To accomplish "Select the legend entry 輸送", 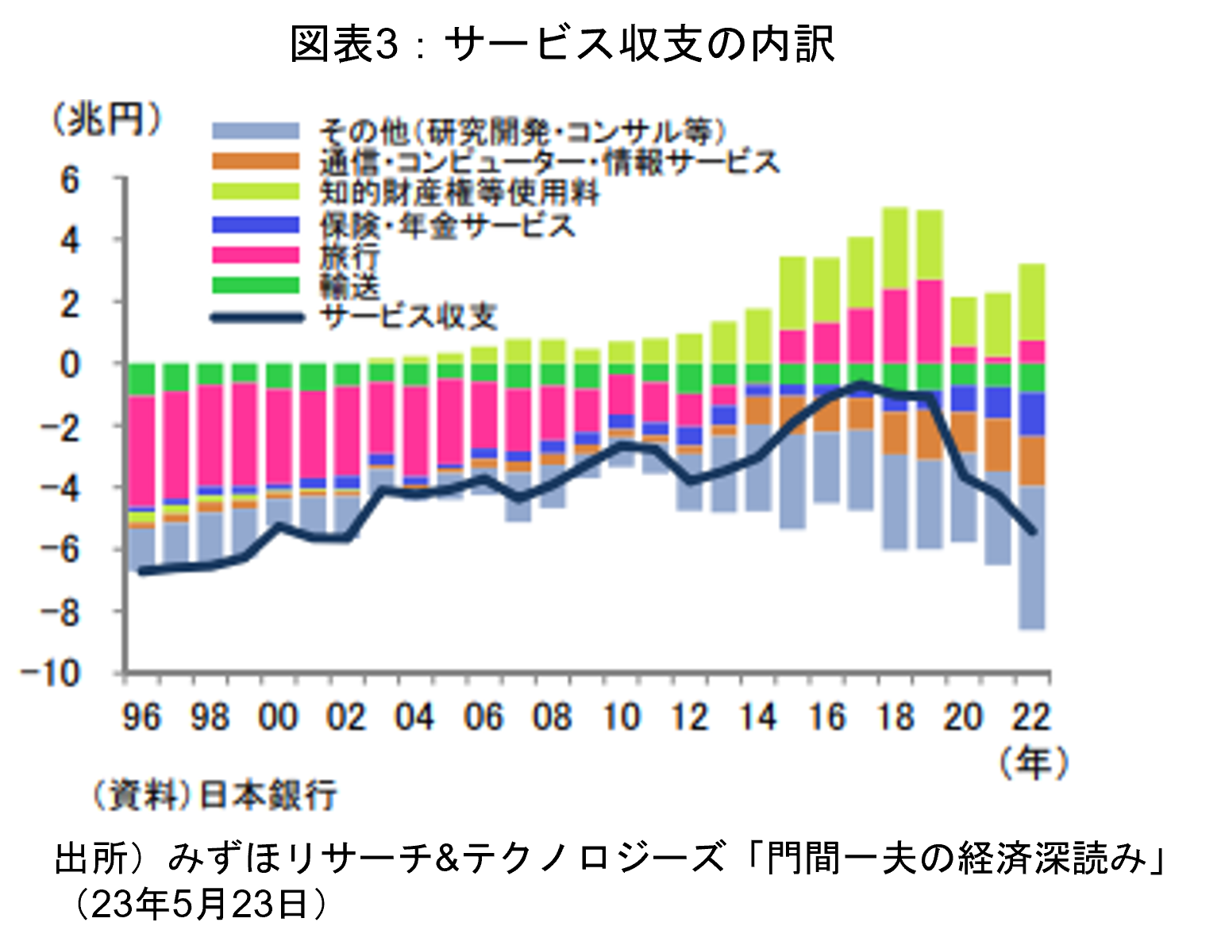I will point(349,286).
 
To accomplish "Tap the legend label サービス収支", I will point(408,317).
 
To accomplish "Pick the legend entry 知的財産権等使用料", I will point(460,193).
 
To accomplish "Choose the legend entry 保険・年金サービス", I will point(447,225).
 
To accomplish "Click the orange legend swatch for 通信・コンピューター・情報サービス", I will point(256,162).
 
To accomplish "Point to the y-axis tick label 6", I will point(71,180).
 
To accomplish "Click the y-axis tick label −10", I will point(52,673).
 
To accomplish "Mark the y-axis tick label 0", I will point(71,364).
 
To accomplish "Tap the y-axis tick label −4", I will point(60,487).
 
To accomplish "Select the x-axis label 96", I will point(141,718).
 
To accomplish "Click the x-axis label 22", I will point(1030,718).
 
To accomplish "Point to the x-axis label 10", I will point(621,718).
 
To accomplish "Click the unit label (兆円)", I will point(106,121).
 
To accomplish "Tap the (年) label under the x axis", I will point(1033,763).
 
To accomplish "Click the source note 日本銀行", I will point(268,794).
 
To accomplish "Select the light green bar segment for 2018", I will point(895,248).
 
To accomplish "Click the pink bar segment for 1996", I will point(141,450).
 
